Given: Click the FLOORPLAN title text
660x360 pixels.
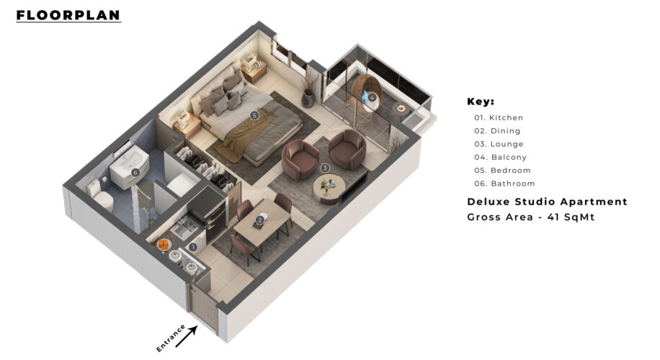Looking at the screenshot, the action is coord(68,15).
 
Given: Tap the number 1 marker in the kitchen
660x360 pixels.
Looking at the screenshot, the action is coord(193,247).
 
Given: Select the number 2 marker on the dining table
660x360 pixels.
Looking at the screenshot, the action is coord(259,220).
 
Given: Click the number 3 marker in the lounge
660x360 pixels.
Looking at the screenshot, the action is coord(324,168).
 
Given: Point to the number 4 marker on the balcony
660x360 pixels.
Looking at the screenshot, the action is coord(372,98).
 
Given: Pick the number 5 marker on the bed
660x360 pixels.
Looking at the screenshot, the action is coord(254,114).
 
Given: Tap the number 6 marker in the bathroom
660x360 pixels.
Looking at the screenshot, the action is coord(135,172).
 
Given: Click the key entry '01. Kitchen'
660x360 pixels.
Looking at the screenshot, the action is coord(499,118).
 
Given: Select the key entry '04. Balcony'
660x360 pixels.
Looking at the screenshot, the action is coord(501,157).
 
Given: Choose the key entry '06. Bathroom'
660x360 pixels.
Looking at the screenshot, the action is coord(504,184).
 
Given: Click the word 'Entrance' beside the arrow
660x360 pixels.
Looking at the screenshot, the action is coord(171,338).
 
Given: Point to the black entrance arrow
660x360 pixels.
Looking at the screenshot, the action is coord(187,337).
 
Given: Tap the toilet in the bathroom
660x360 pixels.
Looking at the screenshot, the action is coord(101,195).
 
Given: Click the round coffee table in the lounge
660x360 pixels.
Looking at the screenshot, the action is coord(329,189).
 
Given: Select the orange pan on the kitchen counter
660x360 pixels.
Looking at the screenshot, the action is coord(163,244).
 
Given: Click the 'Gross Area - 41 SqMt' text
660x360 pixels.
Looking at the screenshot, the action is coord(531,217).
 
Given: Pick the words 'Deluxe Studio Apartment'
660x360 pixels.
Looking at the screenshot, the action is coord(547,202).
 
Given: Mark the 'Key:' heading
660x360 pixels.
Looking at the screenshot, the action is coord(481,102).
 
